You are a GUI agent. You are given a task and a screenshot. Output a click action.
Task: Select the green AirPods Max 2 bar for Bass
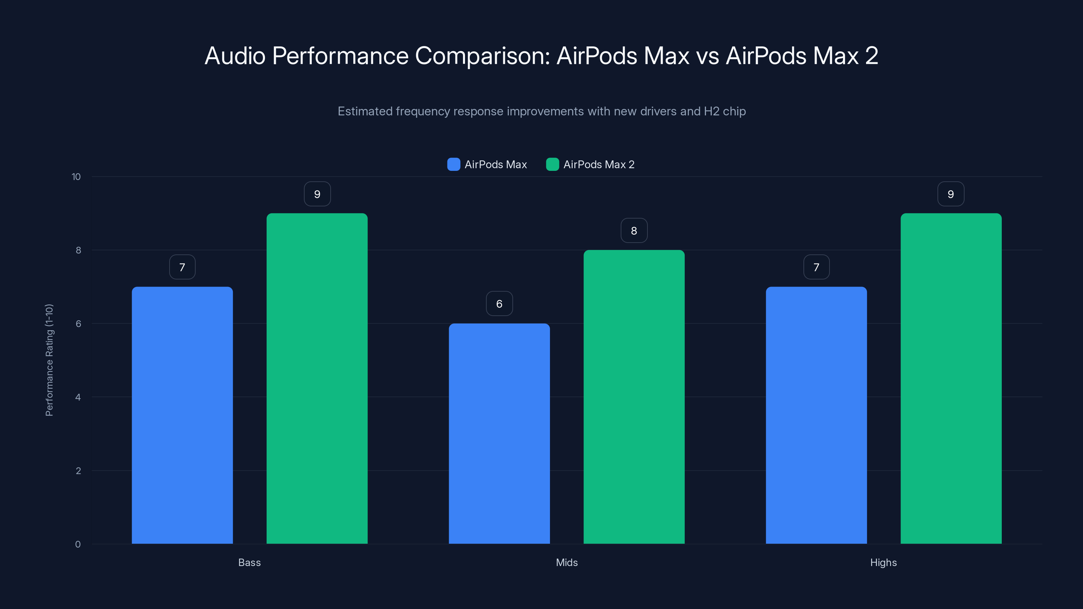317,378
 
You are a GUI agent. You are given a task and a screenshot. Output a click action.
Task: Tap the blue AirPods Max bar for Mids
499,433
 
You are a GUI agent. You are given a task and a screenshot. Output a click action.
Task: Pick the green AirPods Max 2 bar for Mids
634,397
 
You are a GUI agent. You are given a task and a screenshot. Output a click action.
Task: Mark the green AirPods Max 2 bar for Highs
951,378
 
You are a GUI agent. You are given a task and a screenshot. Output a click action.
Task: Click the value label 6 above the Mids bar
499,303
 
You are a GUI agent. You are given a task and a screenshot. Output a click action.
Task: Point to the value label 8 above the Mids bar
634,230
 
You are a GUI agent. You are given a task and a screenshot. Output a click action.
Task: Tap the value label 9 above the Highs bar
951,194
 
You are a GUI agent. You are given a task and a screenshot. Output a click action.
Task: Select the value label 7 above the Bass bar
182,267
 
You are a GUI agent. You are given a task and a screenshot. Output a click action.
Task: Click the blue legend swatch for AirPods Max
454,164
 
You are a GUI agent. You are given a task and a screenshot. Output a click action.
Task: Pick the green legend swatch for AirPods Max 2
552,164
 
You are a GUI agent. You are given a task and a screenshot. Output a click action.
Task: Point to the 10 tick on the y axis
76,177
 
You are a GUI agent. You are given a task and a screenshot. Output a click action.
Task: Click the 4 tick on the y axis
78,397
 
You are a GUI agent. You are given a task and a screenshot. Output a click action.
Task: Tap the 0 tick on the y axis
78,544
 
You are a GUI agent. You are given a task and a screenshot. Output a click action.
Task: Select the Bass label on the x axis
249,562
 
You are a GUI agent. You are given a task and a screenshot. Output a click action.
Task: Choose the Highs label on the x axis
883,562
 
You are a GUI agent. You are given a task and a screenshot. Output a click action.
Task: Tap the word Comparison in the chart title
482,56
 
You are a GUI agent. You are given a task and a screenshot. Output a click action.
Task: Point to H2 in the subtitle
711,111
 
